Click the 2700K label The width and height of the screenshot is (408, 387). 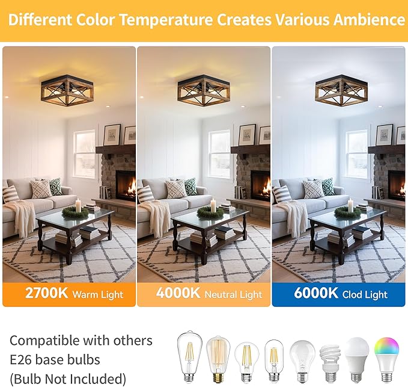pos(46,293)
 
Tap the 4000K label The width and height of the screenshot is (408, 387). pos(178,293)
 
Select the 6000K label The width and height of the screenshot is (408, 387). pos(316,293)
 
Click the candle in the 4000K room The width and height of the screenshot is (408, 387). pos(213,205)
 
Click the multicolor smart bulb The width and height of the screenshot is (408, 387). pos(386,360)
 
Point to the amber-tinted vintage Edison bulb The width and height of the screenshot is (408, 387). pos(218,359)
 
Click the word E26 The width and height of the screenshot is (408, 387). pos(20,360)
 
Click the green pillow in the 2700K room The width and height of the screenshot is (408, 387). pos(56,187)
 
